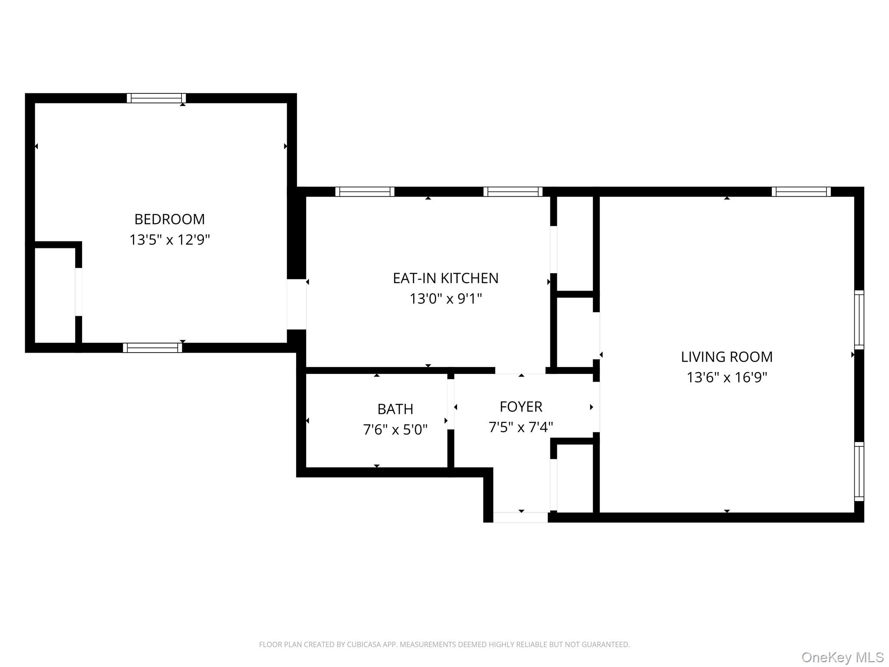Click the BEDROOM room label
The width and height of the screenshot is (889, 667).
click(169, 219)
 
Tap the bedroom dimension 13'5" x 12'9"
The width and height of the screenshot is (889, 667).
click(169, 240)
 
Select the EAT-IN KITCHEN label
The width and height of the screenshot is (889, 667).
click(445, 278)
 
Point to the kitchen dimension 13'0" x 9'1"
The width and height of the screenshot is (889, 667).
click(445, 299)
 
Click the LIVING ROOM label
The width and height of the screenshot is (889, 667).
click(727, 357)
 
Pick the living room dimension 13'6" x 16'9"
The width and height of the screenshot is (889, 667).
click(727, 377)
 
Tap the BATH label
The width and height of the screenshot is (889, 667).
click(395, 409)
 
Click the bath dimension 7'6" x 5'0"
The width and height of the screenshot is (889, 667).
click(395, 429)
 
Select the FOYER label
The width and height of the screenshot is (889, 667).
click(521, 407)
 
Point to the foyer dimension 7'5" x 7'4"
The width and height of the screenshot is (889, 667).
click(521, 427)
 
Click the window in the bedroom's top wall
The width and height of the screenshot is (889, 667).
click(156, 98)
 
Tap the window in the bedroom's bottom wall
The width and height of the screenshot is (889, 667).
click(152, 348)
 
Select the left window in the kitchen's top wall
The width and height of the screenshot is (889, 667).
click(365, 192)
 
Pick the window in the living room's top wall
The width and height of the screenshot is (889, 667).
click(801, 192)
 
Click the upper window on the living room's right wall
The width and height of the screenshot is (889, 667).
click(859, 320)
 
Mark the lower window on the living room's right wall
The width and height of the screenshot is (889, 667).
click(859, 471)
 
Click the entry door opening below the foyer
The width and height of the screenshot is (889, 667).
click(520, 517)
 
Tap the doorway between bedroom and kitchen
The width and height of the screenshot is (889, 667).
click(296, 304)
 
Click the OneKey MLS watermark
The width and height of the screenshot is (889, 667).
click(842, 657)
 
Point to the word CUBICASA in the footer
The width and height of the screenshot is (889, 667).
click(364, 644)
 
